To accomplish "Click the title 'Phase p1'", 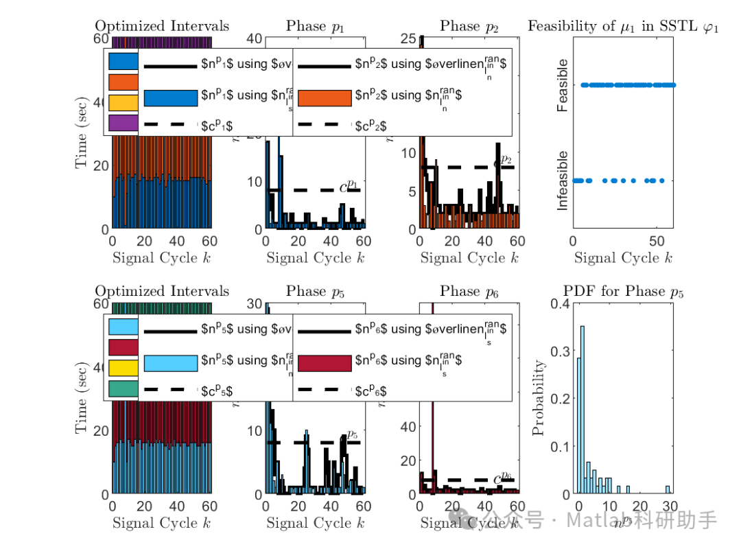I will click(315, 26).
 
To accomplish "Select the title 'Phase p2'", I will click(469, 26).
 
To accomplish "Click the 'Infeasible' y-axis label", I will click(563, 180).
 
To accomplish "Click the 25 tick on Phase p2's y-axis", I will click(407, 39).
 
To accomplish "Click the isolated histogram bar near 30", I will click(668, 490).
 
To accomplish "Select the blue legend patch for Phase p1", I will click(171, 97).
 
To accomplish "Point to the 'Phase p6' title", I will click(469, 292).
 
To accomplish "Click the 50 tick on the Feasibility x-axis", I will click(657, 242).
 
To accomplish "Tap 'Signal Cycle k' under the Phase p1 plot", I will click(315, 258).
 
